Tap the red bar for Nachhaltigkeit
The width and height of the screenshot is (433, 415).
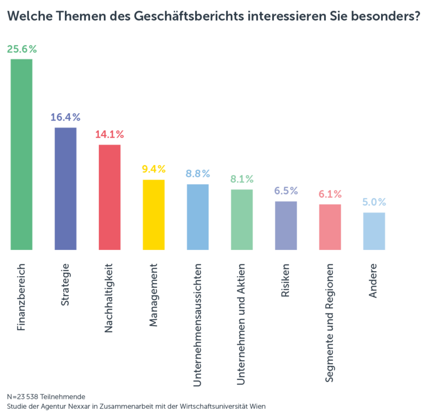click(x=110, y=197)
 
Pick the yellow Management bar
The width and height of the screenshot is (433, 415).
click(x=154, y=215)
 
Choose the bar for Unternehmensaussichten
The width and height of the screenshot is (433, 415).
click(x=198, y=217)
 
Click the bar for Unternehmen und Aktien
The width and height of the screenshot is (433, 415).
click(x=241, y=220)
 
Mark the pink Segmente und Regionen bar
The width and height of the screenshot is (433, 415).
click(x=330, y=227)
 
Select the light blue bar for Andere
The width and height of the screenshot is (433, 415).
click(x=374, y=231)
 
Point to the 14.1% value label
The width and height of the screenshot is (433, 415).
click(x=110, y=134)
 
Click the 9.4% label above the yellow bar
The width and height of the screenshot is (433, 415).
click(x=154, y=169)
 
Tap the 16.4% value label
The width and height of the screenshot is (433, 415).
click(x=65, y=117)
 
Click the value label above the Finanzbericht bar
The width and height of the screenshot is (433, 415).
click(x=22, y=49)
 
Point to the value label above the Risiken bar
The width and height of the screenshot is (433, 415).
click(x=286, y=191)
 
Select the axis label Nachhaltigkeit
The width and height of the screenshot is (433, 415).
click(x=110, y=298)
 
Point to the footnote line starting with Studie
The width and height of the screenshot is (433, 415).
click(x=136, y=406)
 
